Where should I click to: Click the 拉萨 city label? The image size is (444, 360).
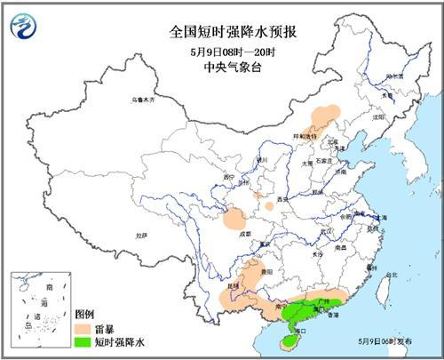tap(139, 236)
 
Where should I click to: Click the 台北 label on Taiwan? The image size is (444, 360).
tap(392, 275)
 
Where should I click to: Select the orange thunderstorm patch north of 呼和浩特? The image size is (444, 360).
tap(325, 115)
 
